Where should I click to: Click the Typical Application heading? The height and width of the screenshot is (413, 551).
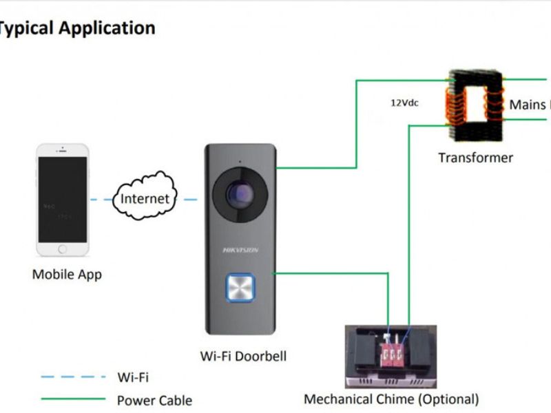pos(77,28)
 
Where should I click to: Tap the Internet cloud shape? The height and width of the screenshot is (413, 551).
pos(145,199)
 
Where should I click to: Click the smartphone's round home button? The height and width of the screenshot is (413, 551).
pos(63,249)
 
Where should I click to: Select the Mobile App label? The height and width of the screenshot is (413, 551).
pos(67,275)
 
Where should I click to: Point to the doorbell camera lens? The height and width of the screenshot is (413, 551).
pos(238,194)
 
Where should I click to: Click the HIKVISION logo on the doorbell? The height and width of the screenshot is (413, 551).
pos(240,250)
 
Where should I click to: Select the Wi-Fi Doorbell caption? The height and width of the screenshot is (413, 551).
pos(243,356)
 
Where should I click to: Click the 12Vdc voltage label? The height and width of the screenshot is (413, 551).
pos(404,103)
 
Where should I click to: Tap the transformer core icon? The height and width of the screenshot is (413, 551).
pos(475,103)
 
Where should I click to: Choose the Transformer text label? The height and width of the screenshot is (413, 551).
pos(475,158)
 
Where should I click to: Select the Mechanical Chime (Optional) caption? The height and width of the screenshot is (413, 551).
pos(391,399)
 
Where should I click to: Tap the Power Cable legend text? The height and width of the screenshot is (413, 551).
pos(154,401)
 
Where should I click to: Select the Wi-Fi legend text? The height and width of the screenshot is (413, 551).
pos(133,377)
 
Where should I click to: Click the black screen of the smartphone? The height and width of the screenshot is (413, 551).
pos(63,200)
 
